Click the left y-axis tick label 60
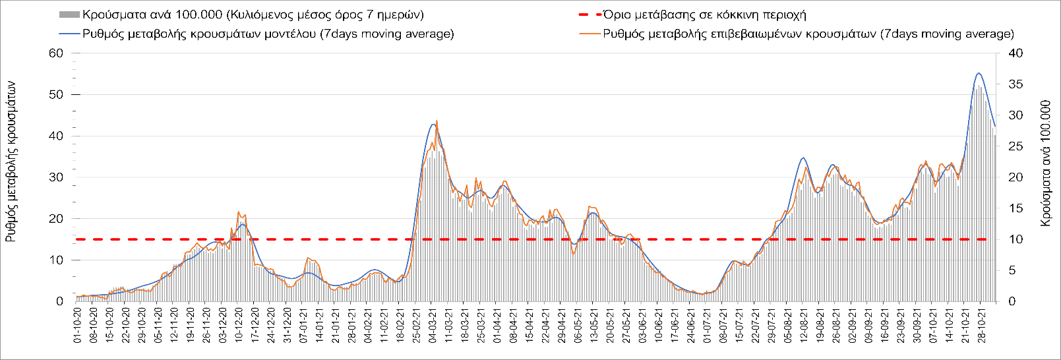click(x=56, y=53)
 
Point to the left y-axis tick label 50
click(x=56, y=95)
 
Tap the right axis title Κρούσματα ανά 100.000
click(x=1046, y=164)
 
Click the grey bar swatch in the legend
click(x=69, y=15)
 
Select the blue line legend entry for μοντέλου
click(x=69, y=34)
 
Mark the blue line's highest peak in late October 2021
click(x=979, y=73)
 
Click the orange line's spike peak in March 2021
click(x=437, y=121)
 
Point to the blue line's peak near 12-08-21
click(x=803, y=158)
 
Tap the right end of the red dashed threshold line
click(x=986, y=239)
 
